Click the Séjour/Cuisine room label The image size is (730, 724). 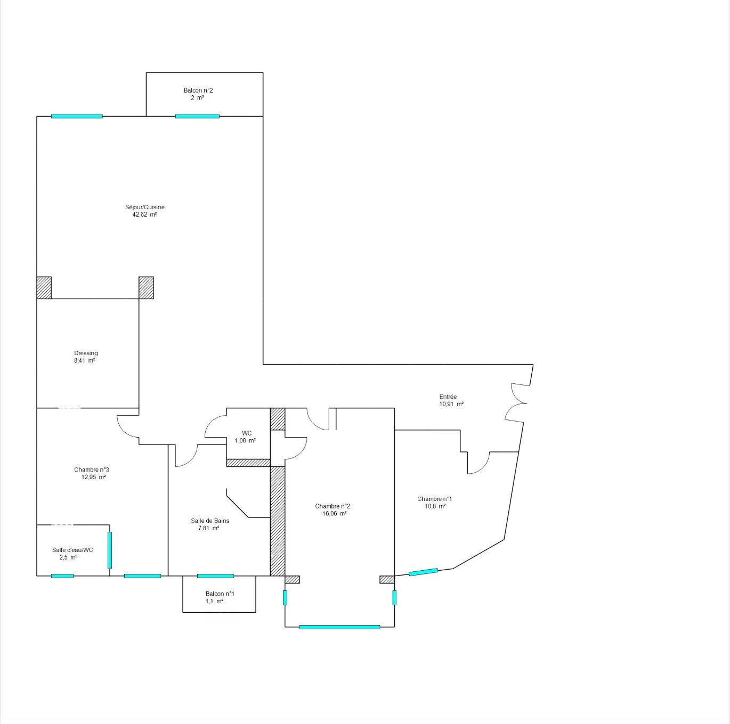point(145,207)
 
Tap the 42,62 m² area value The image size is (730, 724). point(144,215)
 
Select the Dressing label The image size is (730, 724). point(86,353)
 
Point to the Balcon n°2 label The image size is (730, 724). point(198,90)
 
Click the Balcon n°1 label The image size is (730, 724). point(220,594)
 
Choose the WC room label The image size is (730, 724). point(247,433)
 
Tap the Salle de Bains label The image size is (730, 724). point(210,521)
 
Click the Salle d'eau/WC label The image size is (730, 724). point(72,550)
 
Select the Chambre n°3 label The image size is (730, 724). point(91,470)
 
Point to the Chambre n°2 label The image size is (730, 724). point(332,506)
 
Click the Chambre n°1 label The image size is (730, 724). point(434,499)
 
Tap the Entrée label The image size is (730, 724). point(448,397)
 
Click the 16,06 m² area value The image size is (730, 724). point(334,514)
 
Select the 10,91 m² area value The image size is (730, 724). point(451,404)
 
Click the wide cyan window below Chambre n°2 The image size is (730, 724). point(339,627)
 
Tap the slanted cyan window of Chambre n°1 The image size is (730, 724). point(423,572)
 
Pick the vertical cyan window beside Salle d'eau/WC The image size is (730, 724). point(110,550)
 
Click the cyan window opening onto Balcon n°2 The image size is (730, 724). point(197,116)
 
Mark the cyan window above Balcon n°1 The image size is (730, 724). point(215,576)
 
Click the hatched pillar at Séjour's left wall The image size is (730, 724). point(44,288)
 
